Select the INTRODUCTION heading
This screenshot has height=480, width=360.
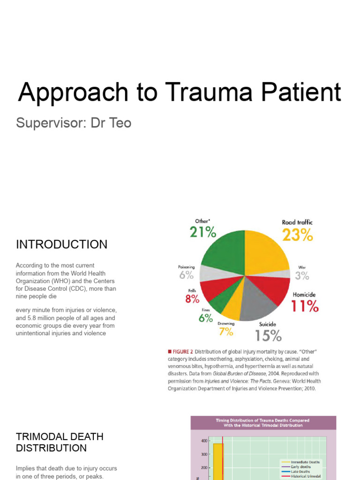point(61,244)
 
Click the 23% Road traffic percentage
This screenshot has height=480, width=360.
point(297,235)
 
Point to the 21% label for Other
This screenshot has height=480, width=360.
point(203,232)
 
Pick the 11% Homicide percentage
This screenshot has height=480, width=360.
point(305,307)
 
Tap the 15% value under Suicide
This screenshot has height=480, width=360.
point(268,336)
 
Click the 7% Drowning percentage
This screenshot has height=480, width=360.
point(226,332)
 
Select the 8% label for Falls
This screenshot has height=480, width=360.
point(192,299)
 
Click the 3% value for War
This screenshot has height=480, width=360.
point(302,276)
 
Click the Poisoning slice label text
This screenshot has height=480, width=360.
point(187,267)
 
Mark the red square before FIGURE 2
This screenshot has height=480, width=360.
point(170,351)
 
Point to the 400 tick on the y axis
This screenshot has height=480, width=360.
point(203,441)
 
